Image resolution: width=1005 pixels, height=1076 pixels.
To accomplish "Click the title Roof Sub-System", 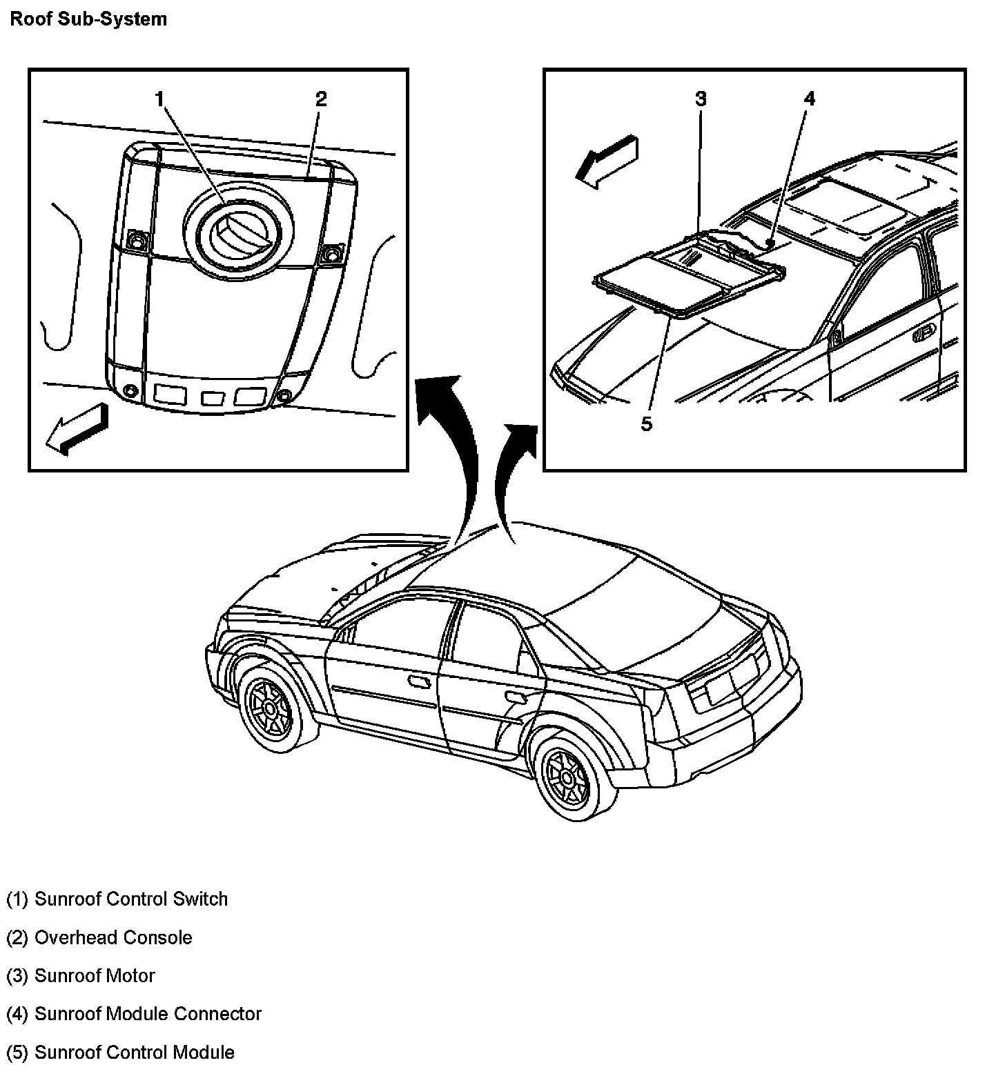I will pyautogui.click(x=88, y=19).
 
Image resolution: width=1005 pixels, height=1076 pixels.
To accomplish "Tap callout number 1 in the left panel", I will pyautogui.click(x=159, y=100).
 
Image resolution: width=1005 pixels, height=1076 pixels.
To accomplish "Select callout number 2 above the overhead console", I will pyautogui.click(x=321, y=99).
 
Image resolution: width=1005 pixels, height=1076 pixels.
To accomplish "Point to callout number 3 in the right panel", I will pyautogui.click(x=701, y=99).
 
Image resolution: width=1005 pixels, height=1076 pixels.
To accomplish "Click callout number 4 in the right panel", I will pyautogui.click(x=809, y=99).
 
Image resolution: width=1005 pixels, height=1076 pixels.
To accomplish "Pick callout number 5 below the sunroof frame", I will pyautogui.click(x=646, y=424).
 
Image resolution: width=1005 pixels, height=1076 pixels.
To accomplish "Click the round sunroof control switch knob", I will pyautogui.click(x=237, y=234).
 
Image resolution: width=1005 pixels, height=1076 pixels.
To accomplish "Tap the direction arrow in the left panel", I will pyautogui.click(x=77, y=428).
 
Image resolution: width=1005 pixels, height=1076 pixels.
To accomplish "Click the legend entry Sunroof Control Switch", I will pyautogui.click(x=117, y=899).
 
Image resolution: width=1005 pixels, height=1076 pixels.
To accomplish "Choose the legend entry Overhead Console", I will pyautogui.click(x=99, y=938).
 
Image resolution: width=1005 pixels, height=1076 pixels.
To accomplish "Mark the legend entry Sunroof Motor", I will pyautogui.click(x=81, y=976).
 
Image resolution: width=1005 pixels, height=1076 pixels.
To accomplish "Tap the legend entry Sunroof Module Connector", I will pyautogui.click(x=134, y=1014).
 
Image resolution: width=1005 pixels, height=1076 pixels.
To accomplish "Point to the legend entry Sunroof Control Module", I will pyautogui.click(x=121, y=1053).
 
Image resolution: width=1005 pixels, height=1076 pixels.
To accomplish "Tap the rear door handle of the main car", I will pyautogui.click(x=515, y=697).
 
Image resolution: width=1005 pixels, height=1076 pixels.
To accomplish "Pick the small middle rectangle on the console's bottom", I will pyautogui.click(x=212, y=399).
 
